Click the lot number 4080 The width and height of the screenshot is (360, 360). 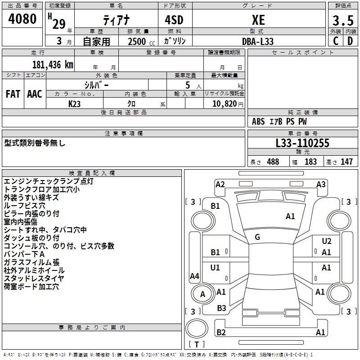tap(22, 19)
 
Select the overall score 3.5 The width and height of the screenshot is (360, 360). tap(343, 20)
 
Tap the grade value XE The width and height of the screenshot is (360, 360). tap(258, 20)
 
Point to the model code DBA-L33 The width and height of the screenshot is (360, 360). tap(258, 41)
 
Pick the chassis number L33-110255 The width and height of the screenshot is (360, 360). tap(302, 143)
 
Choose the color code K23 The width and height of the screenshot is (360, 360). tap(75, 103)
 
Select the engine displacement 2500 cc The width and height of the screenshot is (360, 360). tap(138, 41)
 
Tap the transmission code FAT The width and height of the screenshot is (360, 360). tap(13, 94)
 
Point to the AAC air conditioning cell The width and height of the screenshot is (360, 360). tap(35, 94)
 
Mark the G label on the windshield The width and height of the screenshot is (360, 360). tap(257, 237)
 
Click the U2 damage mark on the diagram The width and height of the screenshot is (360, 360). tap(327, 241)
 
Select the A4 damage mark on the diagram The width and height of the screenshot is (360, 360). tap(194, 276)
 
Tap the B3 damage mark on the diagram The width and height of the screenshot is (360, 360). tap(221, 308)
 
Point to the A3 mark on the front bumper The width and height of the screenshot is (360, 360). tap(321, 184)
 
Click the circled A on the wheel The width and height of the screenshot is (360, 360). tap(202, 294)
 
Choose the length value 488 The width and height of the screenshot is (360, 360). tap(273, 162)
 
